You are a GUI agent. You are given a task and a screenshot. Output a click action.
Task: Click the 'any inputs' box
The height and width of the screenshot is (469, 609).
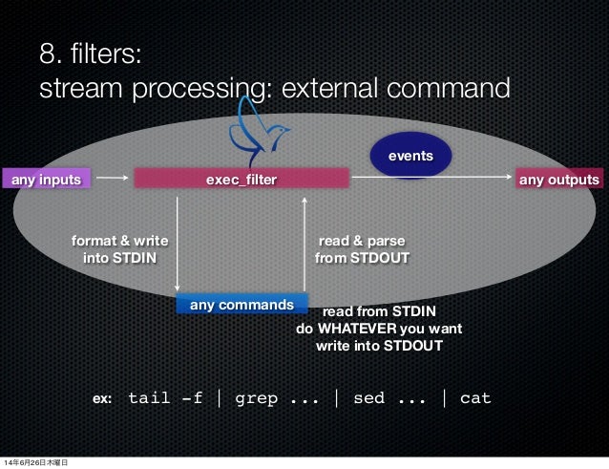click(x=46, y=179)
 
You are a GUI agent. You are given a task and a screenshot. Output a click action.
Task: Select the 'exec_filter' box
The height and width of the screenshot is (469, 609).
click(x=241, y=179)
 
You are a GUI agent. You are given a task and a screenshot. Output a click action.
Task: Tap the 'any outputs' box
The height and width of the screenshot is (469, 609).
click(x=558, y=179)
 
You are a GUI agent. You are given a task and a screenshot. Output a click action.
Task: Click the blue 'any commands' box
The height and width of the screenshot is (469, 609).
click(x=241, y=305)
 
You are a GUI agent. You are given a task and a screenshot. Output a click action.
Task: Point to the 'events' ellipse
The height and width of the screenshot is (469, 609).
click(x=410, y=155)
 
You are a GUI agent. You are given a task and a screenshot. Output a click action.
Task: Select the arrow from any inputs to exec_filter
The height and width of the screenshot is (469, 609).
click(x=113, y=178)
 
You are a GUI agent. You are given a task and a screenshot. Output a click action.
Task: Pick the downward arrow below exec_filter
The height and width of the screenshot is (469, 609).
click(x=178, y=244)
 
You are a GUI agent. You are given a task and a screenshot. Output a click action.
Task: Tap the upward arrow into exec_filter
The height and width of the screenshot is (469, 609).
click(x=304, y=244)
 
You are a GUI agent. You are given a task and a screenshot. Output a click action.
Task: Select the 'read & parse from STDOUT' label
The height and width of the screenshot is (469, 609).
click(x=362, y=248)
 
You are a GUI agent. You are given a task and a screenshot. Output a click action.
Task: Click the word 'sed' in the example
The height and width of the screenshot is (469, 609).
click(x=368, y=397)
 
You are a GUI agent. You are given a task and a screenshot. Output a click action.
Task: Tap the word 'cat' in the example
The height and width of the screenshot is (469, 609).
click(x=474, y=397)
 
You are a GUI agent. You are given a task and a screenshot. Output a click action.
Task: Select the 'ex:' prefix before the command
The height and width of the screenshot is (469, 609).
click(x=102, y=398)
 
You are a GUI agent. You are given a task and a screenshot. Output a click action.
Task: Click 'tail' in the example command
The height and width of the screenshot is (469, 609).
click(x=149, y=397)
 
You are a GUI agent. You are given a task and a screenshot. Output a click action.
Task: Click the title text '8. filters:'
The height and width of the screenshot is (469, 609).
click(x=92, y=54)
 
